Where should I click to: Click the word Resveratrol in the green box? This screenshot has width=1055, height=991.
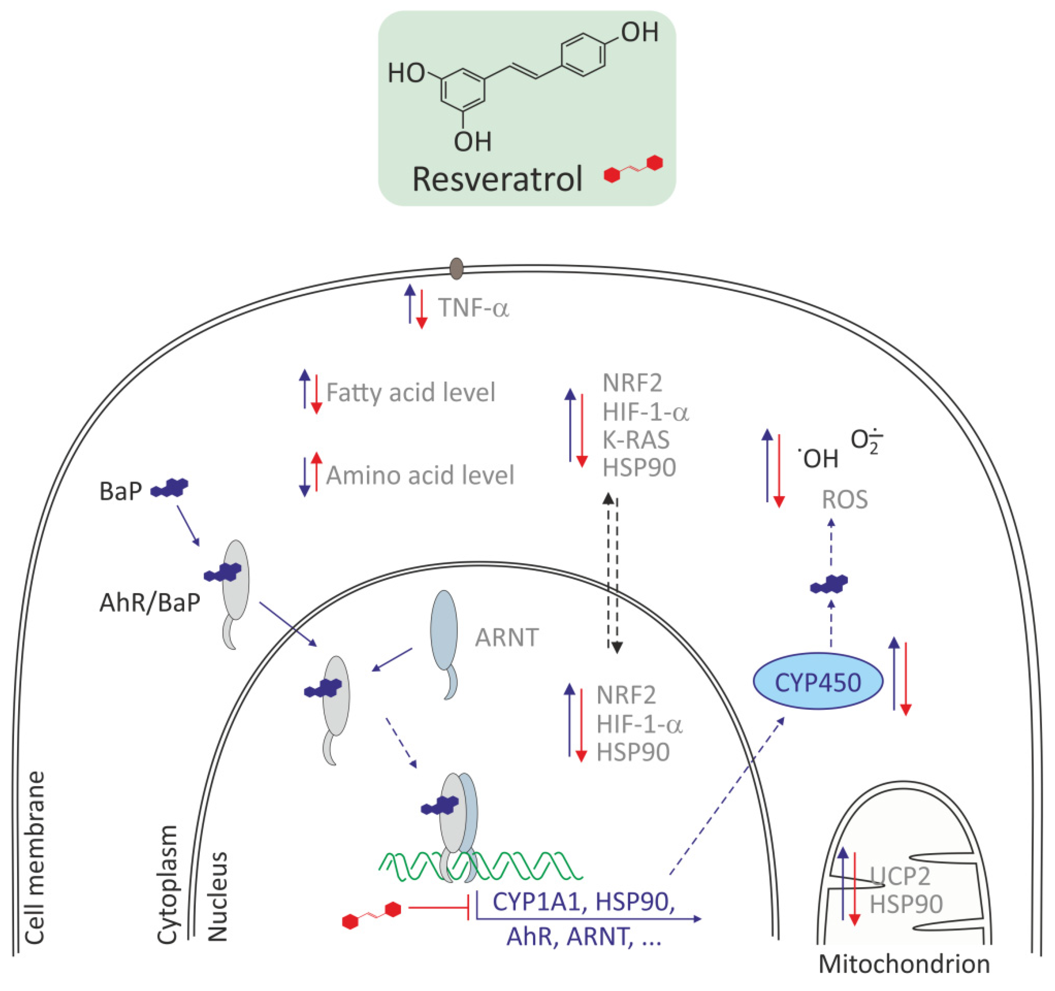(497, 179)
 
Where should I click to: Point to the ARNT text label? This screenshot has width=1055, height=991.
(507, 637)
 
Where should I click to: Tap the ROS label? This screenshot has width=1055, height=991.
(844, 500)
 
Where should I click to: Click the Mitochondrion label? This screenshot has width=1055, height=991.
(904, 964)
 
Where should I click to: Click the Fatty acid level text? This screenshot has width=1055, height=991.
(410, 392)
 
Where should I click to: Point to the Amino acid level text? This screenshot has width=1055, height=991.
(420, 475)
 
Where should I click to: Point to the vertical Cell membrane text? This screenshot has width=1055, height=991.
(34, 858)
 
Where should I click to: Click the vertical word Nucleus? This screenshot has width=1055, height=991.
(217, 897)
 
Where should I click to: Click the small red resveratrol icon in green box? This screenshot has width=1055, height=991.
(633, 169)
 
